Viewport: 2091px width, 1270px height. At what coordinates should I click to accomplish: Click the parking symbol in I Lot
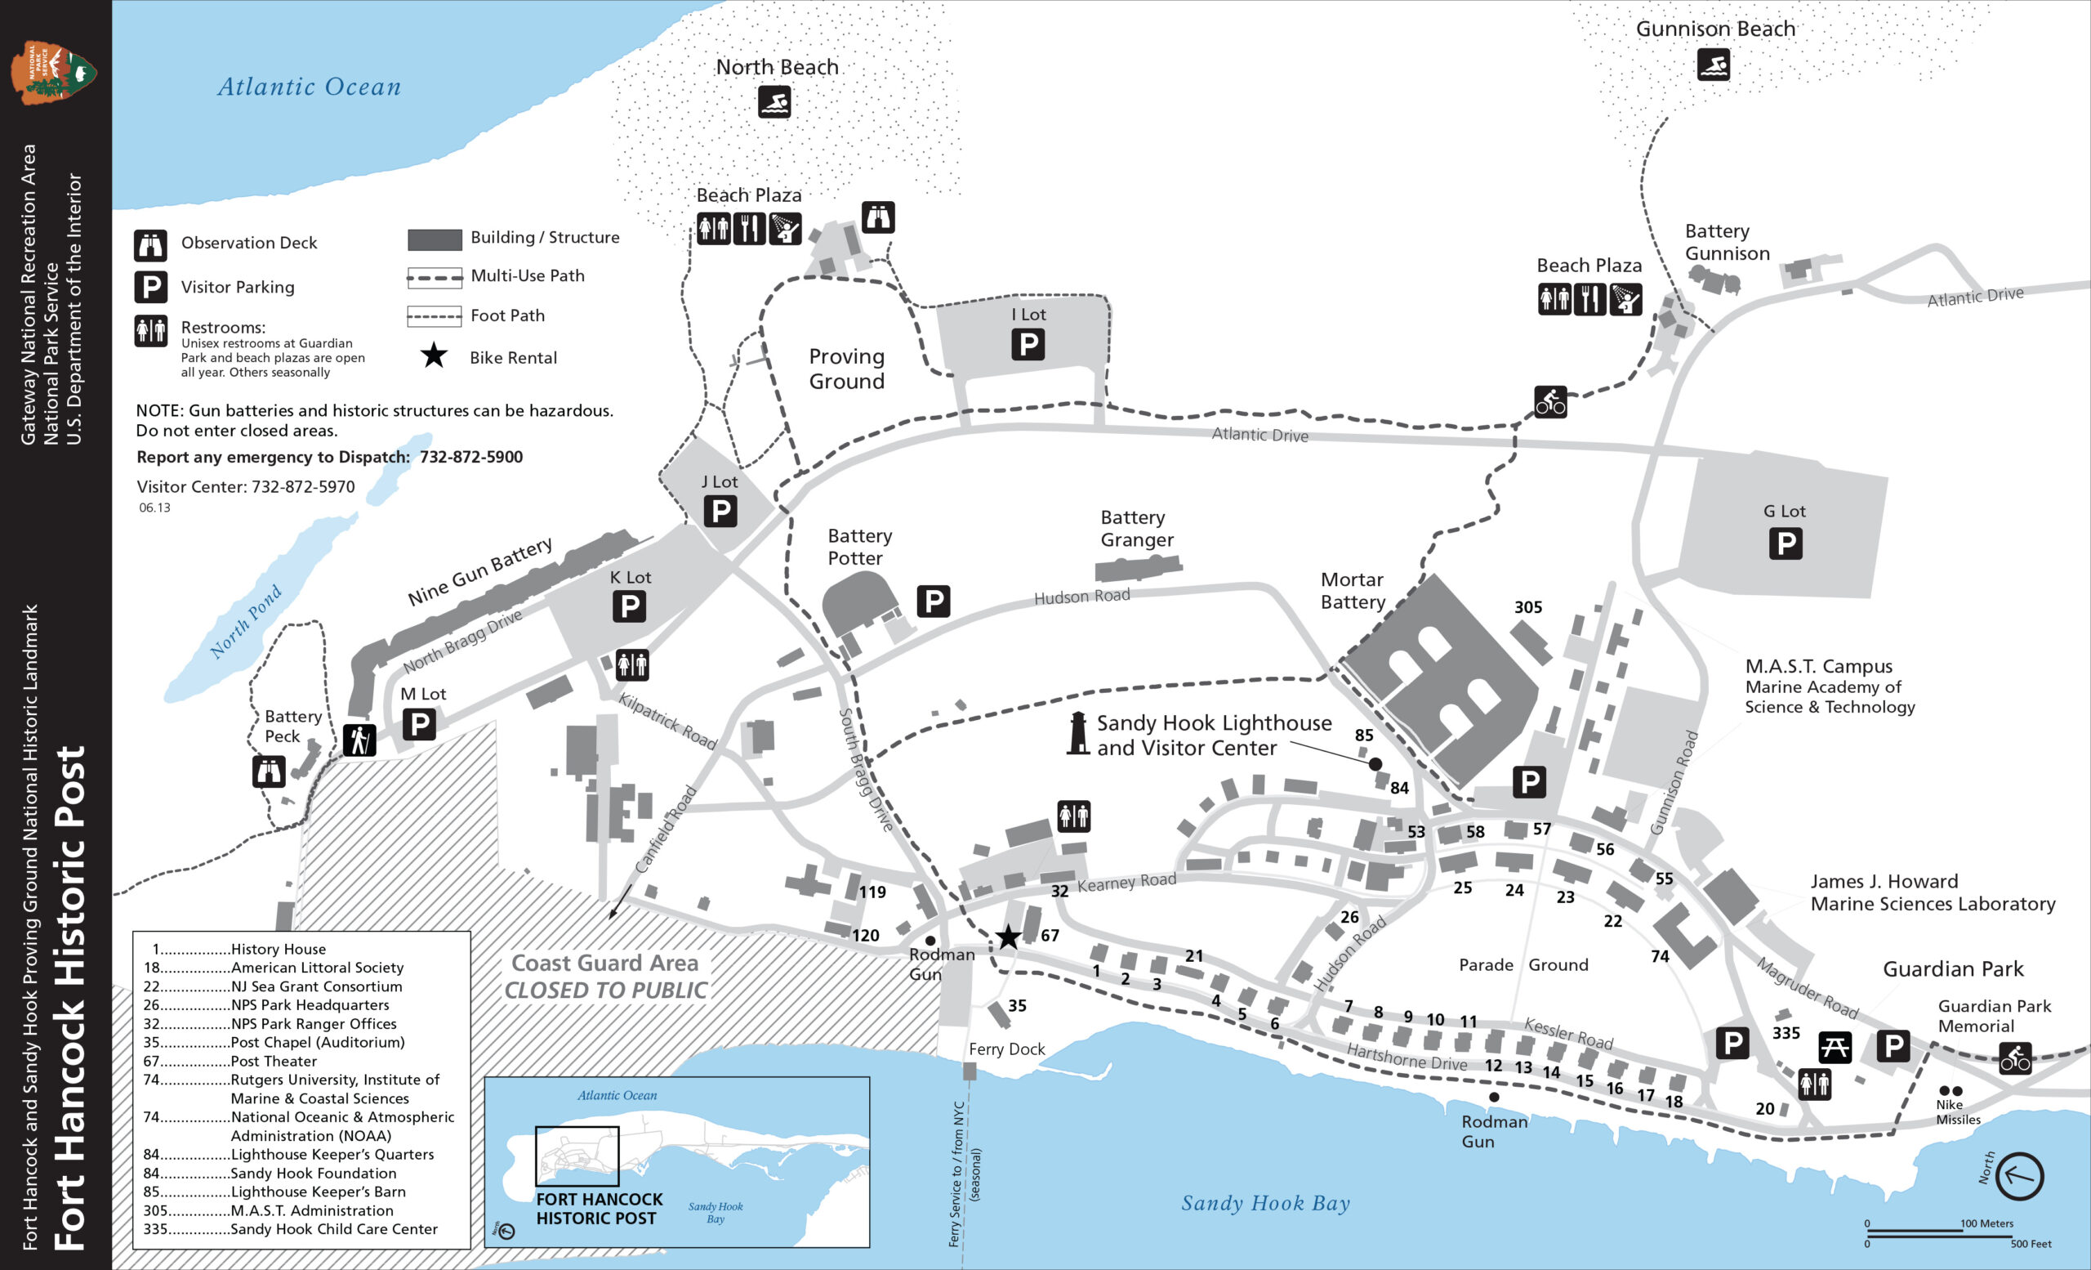coord(1027,344)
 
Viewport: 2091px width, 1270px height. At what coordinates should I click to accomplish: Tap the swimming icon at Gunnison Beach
coord(1714,65)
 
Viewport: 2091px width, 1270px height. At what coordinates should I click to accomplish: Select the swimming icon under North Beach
coord(774,102)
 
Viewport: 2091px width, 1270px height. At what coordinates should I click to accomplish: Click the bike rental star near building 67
coord(1008,937)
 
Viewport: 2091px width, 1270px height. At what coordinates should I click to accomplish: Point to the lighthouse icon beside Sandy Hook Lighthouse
coord(1077,733)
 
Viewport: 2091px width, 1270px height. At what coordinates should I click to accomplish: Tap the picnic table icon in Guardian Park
coord(1834,1047)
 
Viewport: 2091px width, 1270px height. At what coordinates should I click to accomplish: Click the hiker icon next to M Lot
coord(359,740)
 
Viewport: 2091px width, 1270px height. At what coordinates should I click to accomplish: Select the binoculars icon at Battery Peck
coord(268,771)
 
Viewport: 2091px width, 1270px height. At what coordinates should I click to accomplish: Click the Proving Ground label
coord(846,369)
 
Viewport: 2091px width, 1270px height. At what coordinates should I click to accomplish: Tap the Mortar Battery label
coord(1352,591)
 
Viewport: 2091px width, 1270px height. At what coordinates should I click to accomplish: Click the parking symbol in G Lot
coord(1786,543)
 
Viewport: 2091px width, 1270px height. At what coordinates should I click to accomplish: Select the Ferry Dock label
coord(1006,1049)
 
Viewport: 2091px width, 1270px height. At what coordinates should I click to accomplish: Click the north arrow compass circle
coord(2019,1177)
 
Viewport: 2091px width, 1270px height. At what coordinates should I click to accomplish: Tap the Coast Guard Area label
coord(605,964)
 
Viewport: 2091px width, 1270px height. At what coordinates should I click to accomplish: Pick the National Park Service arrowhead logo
coord(52,72)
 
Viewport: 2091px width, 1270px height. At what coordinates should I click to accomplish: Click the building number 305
coord(1527,607)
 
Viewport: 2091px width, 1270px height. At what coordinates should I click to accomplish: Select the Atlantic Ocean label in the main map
coord(309,87)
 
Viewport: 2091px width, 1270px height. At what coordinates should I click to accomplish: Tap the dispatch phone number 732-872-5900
coord(471,457)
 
